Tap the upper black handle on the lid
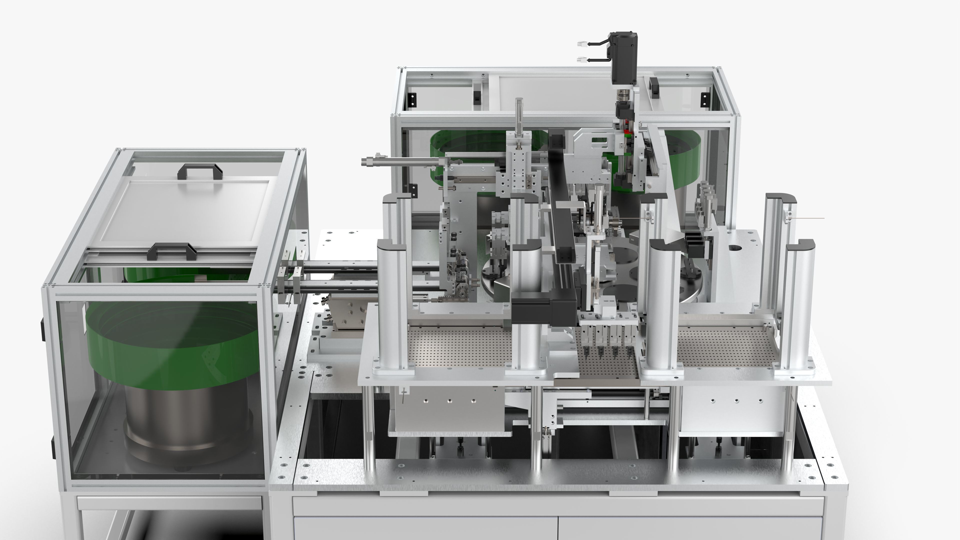[200, 171]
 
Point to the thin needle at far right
[809, 218]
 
